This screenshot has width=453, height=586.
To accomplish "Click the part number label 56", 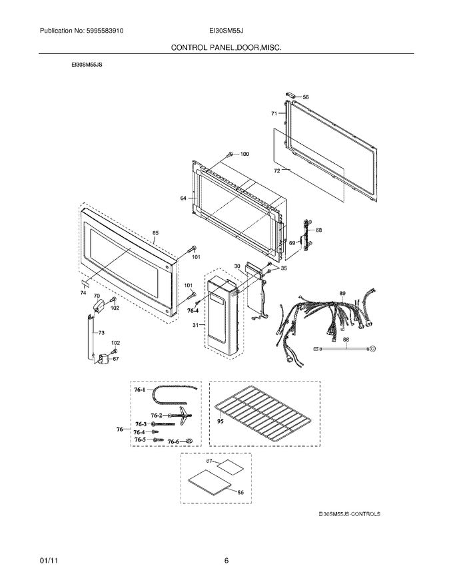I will pos(306,97).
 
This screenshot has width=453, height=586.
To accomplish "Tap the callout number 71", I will pos(274,114).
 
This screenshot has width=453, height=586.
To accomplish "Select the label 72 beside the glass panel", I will pos(276,170).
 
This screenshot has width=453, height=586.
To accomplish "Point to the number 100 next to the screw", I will pos(244,154).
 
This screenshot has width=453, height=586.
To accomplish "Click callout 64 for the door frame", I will pos(183,198).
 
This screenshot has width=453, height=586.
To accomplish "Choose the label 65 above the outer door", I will pos(155,233).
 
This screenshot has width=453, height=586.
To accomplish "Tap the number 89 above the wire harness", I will pos(342,293).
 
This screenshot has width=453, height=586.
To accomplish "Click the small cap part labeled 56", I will pos(292,96).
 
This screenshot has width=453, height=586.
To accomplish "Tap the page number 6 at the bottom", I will pos(226,561).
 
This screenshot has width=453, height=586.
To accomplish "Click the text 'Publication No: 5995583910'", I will pos(82,31).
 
